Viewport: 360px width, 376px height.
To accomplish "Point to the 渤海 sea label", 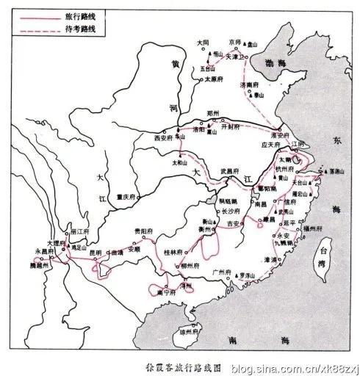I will (273, 63).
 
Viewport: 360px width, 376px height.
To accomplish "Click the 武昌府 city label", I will (231, 171).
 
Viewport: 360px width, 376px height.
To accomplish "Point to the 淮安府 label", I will (280, 135).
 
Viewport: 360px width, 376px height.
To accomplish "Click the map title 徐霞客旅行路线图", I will (175, 363).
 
